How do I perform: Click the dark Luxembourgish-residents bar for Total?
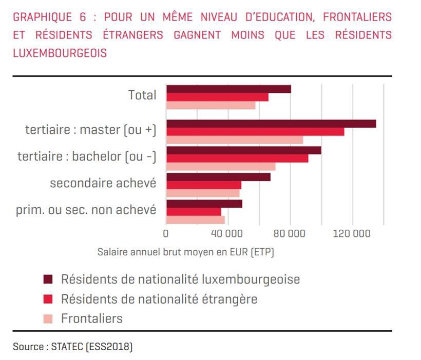pos(228,89)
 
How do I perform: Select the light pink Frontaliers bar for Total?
pos(210,105)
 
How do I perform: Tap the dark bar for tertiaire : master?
pos(271,124)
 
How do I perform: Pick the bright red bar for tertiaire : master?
pos(255,132)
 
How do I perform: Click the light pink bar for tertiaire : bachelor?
pos(221,166)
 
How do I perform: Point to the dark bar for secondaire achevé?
pos(218,177)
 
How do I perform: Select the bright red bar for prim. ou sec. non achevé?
pos(194,211)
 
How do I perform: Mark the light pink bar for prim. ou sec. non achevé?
pos(195,219)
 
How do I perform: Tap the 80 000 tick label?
pos(290,234)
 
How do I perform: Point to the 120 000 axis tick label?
pos(352,234)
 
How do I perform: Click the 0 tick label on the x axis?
pos(166,234)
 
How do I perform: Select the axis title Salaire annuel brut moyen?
pos(186,252)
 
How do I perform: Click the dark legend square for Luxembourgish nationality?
pos(48,279)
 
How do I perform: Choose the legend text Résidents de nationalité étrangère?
pos(159,298)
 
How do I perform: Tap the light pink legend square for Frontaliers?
pos(48,318)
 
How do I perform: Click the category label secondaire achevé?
pos(103,183)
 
